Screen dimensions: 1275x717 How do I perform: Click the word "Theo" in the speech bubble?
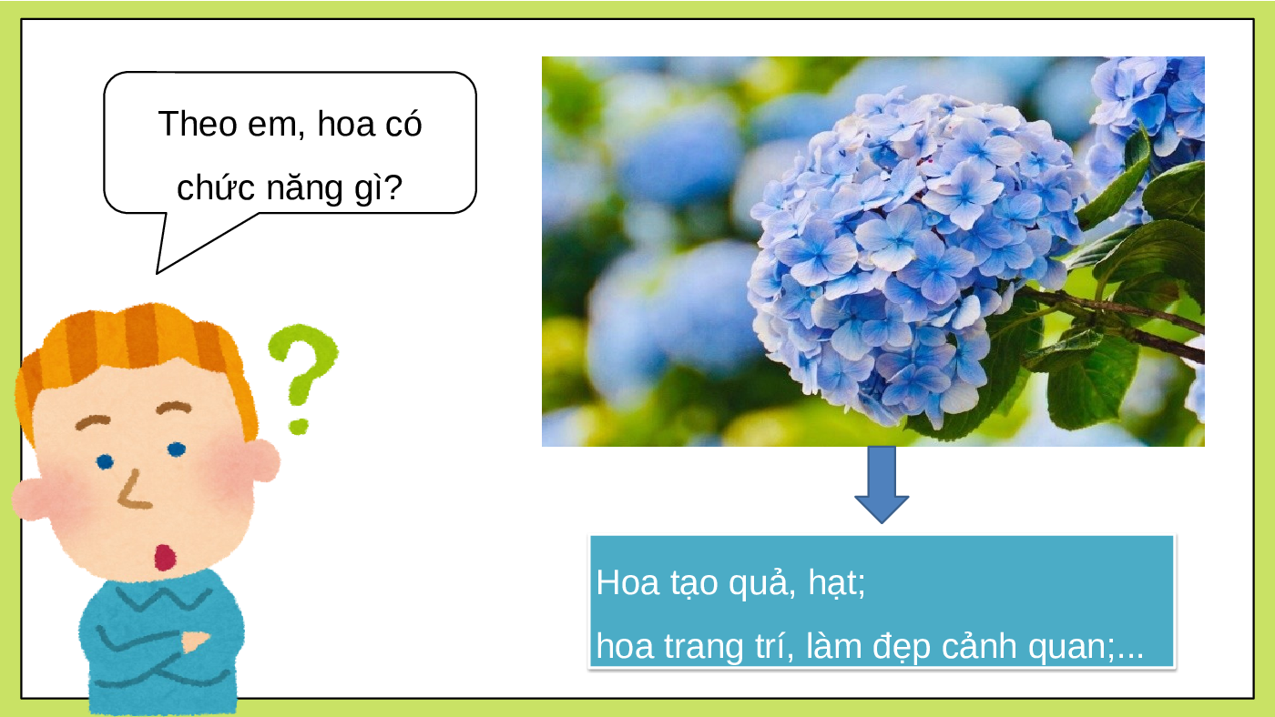coord(197,124)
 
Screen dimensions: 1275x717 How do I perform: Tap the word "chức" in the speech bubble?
coord(215,187)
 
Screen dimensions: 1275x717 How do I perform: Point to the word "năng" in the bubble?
coord(304,188)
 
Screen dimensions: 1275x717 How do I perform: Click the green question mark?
coord(302,378)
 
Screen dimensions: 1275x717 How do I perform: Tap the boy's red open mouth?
coord(165,557)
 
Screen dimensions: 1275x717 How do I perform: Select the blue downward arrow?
coord(882,484)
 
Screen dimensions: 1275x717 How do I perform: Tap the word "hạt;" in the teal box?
coord(837,583)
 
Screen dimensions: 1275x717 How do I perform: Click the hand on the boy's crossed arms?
coord(195,641)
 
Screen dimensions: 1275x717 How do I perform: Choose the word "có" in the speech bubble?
coord(403,125)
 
